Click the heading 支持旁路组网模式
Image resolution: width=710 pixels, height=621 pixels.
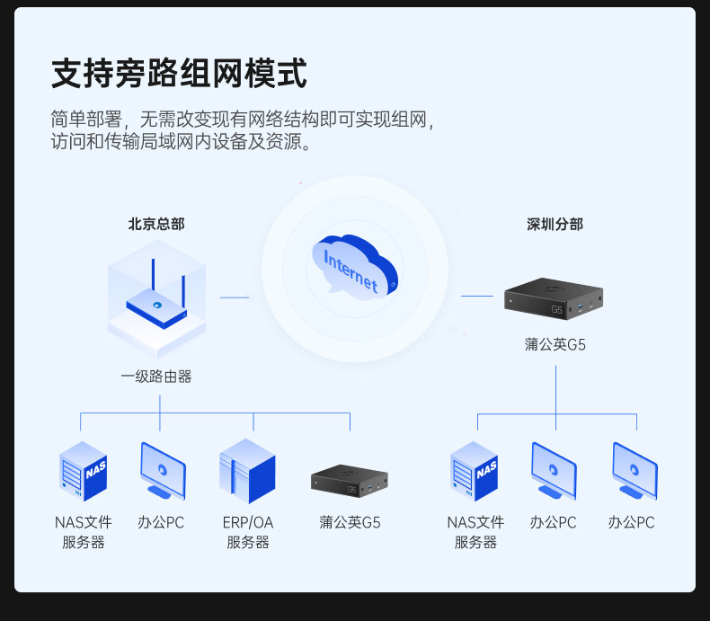point(179,74)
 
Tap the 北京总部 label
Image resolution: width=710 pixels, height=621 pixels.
point(156,225)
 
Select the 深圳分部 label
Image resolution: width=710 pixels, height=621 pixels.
point(555,225)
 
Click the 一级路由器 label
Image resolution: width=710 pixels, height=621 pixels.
point(156,377)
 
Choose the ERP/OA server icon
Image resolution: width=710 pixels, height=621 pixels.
point(247,471)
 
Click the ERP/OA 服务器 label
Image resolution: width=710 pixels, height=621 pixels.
point(247,532)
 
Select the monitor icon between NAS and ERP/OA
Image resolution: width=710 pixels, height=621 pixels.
point(163,471)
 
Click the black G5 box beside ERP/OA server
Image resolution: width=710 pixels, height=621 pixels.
point(351,480)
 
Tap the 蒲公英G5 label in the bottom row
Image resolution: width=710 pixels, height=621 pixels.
point(351,522)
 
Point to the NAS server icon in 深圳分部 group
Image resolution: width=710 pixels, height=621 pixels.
point(475,471)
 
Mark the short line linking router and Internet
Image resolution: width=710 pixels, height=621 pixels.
point(235,297)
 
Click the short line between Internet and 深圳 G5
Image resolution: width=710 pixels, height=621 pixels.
point(477,296)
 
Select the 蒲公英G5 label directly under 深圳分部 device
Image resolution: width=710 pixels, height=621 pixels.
point(555,344)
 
